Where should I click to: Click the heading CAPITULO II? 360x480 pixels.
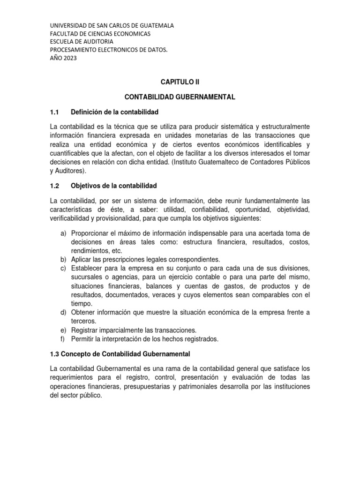pyautogui.click(x=180, y=82)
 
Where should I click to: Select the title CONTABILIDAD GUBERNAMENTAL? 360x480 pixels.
pyautogui.click(x=180, y=97)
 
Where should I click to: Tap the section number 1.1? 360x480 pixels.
pyautogui.click(x=56, y=112)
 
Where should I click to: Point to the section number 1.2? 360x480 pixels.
pyautogui.click(x=56, y=185)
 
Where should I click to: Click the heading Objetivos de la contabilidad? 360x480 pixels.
pyautogui.click(x=113, y=185)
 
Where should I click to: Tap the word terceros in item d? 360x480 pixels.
pyautogui.click(x=84, y=321)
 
